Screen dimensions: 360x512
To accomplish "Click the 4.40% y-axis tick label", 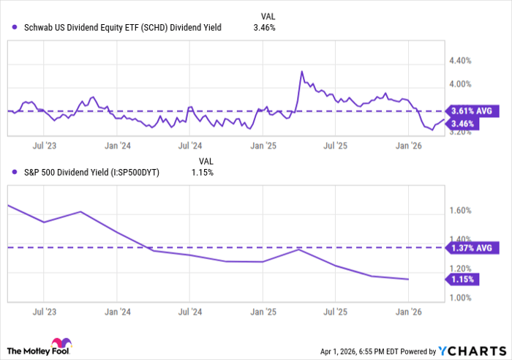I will [465, 61].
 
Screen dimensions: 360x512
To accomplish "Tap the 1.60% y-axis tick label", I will [465, 211].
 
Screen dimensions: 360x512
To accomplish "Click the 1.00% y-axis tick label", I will [465, 297].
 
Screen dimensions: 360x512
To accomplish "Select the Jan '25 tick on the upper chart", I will [263, 146].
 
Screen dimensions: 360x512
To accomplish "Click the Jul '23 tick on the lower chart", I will [45, 310].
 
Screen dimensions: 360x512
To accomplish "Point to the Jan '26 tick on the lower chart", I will [407, 310].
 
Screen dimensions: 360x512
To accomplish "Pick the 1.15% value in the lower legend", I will [201, 172].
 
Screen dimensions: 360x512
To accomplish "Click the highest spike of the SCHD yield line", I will [301, 72].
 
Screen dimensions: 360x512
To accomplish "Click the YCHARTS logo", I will [472, 351].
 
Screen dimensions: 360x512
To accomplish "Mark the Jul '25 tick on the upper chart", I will [335, 146].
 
